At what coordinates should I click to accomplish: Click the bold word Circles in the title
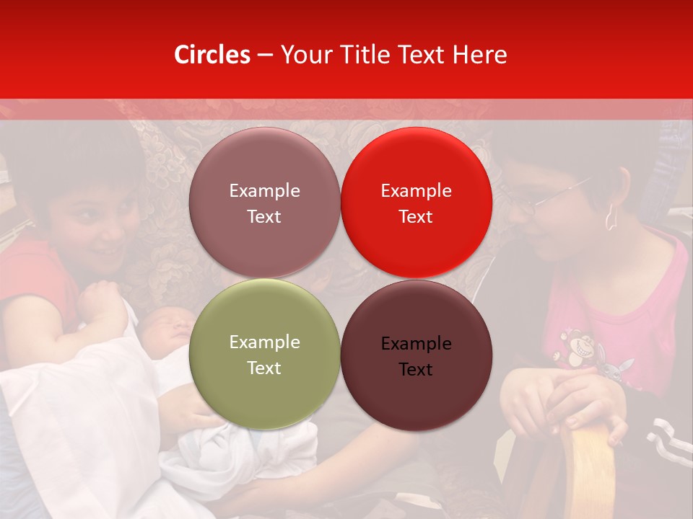pos(212,55)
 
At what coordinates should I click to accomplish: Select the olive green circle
pos(264,355)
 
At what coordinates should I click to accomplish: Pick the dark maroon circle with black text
pos(416,356)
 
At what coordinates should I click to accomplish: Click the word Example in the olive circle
pos(264,342)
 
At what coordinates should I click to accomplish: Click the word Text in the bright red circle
pos(416,216)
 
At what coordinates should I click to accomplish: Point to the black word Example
pos(416,344)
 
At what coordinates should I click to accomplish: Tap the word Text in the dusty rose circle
pos(264,216)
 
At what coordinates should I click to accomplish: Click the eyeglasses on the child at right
pos(534,203)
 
